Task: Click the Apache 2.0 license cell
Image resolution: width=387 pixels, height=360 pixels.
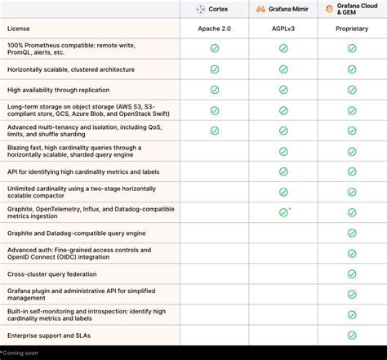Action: point(214,29)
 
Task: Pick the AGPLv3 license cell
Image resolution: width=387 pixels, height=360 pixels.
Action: point(283,29)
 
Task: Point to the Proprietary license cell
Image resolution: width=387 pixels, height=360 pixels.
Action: point(352,29)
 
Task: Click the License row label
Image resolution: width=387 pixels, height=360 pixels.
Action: point(20,29)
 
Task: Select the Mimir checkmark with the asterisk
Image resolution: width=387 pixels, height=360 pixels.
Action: point(283,212)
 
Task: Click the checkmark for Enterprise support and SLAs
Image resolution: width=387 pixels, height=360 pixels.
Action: point(352,336)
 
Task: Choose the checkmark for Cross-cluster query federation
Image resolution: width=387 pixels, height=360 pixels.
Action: point(352,274)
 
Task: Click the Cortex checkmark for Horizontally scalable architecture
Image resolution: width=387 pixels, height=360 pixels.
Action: point(214,69)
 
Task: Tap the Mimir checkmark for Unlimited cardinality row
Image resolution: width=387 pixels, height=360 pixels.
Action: point(283,192)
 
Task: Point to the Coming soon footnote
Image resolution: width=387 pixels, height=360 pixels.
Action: point(20,353)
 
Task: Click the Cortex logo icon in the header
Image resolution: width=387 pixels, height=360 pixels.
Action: point(201,9)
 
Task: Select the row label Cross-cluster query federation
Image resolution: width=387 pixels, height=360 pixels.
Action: point(52,274)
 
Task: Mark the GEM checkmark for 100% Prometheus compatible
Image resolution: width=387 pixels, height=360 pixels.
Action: point(352,48)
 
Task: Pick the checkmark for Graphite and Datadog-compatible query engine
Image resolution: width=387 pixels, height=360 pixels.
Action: point(352,233)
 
